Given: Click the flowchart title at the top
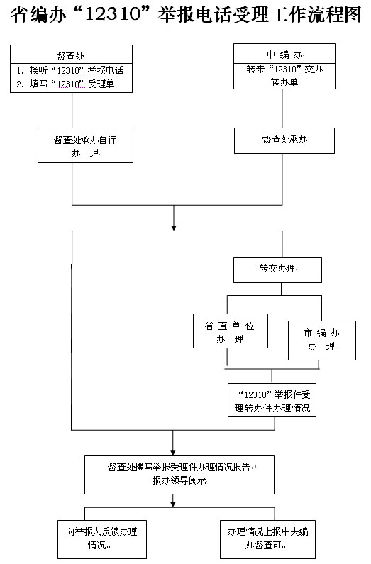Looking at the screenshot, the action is [x=186, y=15].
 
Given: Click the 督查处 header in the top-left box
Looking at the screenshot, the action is [x=70, y=56].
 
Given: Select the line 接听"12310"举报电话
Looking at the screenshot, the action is [x=70, y=70].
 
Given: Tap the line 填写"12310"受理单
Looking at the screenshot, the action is [x=65, y=84].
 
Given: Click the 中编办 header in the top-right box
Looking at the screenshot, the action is [x=284, y=55].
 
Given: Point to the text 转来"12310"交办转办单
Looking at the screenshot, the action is [x=284, y=75].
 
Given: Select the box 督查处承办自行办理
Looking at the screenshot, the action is [x=86, y=145].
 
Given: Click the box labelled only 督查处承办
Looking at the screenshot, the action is [x=284, y=140].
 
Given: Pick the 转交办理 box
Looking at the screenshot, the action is [x=277, y=270].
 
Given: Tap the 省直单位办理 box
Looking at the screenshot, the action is [x=231, y=331].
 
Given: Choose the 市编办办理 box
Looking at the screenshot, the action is [x=322, y=341].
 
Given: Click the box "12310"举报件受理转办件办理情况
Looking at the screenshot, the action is [x=272, y=400].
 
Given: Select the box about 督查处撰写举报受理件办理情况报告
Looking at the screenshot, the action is [x=179, y=475].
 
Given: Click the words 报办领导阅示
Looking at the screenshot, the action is [x=179, y=480].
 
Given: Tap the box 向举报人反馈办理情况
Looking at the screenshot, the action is [x=102, y=539].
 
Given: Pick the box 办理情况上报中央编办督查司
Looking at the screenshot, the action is [x=268, y=539].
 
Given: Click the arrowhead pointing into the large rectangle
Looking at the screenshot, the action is [x=174, y=228].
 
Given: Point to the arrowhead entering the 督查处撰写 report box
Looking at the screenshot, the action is [x=173, y=453].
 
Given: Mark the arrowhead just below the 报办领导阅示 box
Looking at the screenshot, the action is [x=173, y=504].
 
